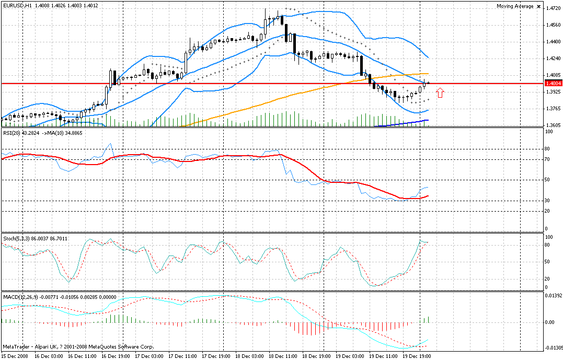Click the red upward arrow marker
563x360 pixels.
tap(440, 92)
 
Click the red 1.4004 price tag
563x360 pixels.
tap(553, 83)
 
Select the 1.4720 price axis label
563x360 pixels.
tap(553, 8)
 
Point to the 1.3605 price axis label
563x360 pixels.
tap(553, 125)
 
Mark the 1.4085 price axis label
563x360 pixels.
tap(553, 75)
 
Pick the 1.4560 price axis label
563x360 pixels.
tap(553, 25)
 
